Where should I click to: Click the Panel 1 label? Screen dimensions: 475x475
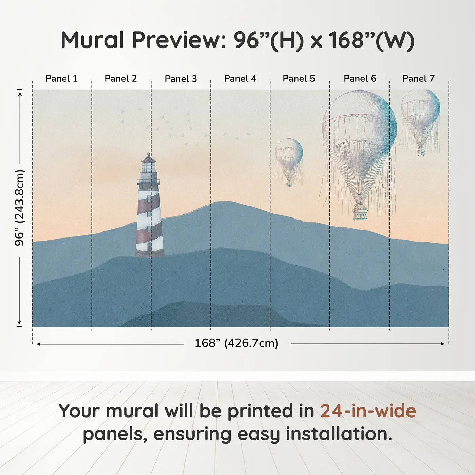[62, 79]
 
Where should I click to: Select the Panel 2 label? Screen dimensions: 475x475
[121, 79]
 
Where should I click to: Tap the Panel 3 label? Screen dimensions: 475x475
[181, 79]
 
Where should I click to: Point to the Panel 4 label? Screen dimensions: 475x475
[240, 79]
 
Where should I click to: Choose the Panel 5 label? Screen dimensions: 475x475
[299, 79]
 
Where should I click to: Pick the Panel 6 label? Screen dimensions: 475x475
[360, 79]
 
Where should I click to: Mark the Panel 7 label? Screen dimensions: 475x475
[418, 79]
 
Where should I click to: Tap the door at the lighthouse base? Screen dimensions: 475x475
[149, 247]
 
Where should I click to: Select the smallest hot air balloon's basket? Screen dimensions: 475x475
[289, 184]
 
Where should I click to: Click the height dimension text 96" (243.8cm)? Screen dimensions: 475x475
[19, 208]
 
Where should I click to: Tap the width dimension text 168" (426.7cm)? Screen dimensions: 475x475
[236, 343]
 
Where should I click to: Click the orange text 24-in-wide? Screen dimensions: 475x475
[368, 411]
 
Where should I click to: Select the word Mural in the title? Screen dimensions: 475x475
[92, 40]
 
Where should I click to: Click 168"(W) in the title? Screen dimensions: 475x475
[372, 40]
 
